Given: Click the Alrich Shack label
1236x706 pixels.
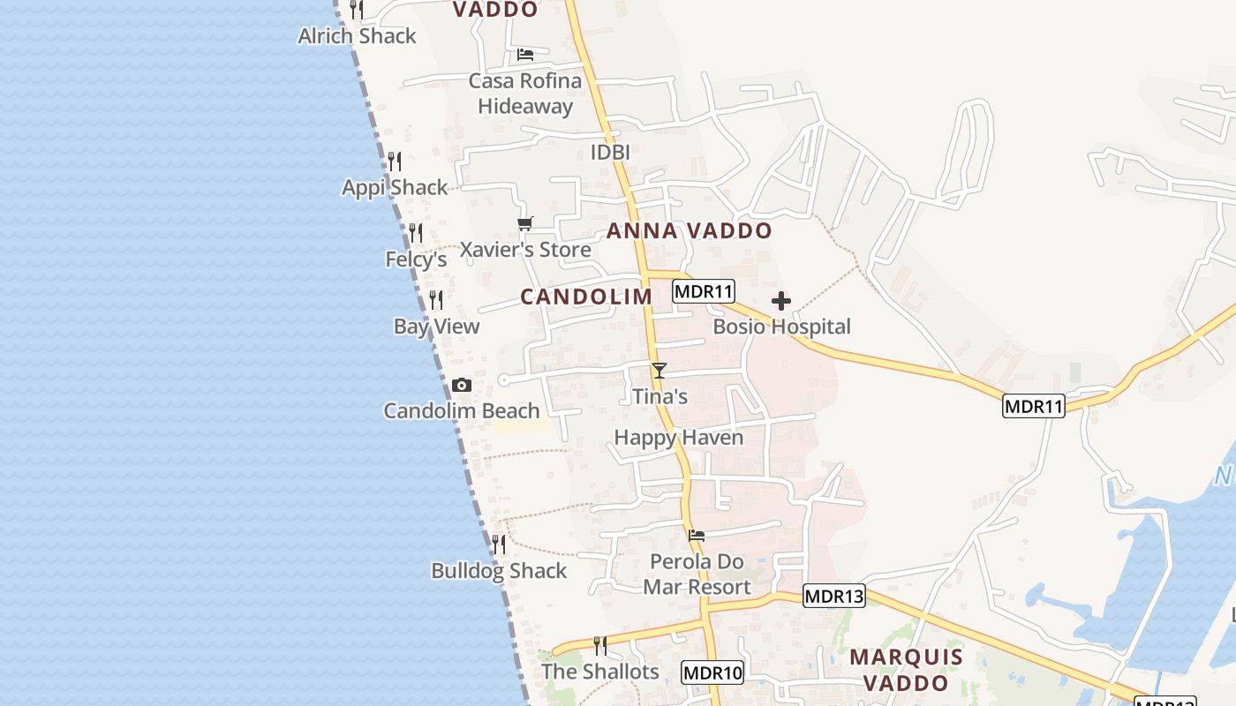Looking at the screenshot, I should (357, 36).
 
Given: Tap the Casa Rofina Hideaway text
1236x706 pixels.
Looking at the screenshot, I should (525, 94).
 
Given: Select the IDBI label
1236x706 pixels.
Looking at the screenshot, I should (610, 153).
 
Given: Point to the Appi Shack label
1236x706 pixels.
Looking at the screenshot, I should (396, 187).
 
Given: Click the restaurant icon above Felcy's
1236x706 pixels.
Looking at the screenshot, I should (416, 233).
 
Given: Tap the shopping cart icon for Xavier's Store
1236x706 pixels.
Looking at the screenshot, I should (525, 224).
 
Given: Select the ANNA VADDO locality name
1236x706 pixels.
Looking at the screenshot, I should (690, 231).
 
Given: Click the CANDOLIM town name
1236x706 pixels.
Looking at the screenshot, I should (586, 297).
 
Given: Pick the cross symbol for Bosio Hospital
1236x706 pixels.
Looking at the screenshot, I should (781, 302).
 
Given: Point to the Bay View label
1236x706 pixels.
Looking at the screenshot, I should (437, 327).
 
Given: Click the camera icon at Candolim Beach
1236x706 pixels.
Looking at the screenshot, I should (461, 386).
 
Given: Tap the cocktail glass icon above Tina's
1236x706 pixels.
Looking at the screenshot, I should (659, 371).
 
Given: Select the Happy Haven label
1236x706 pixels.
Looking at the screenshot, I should (679, 438).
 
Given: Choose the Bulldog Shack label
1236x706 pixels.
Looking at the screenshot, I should (499, 571).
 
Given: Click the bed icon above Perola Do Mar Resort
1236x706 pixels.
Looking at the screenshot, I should (697, 535).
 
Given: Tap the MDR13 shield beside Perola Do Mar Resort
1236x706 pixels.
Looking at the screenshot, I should (834, 596).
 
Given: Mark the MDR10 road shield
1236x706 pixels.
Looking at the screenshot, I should (713, 673).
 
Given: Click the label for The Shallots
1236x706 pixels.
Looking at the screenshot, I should (600, 672).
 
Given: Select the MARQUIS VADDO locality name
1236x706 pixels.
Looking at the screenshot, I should (907, 670).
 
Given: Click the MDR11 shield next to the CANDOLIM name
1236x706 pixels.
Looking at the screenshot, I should (704, 291).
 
